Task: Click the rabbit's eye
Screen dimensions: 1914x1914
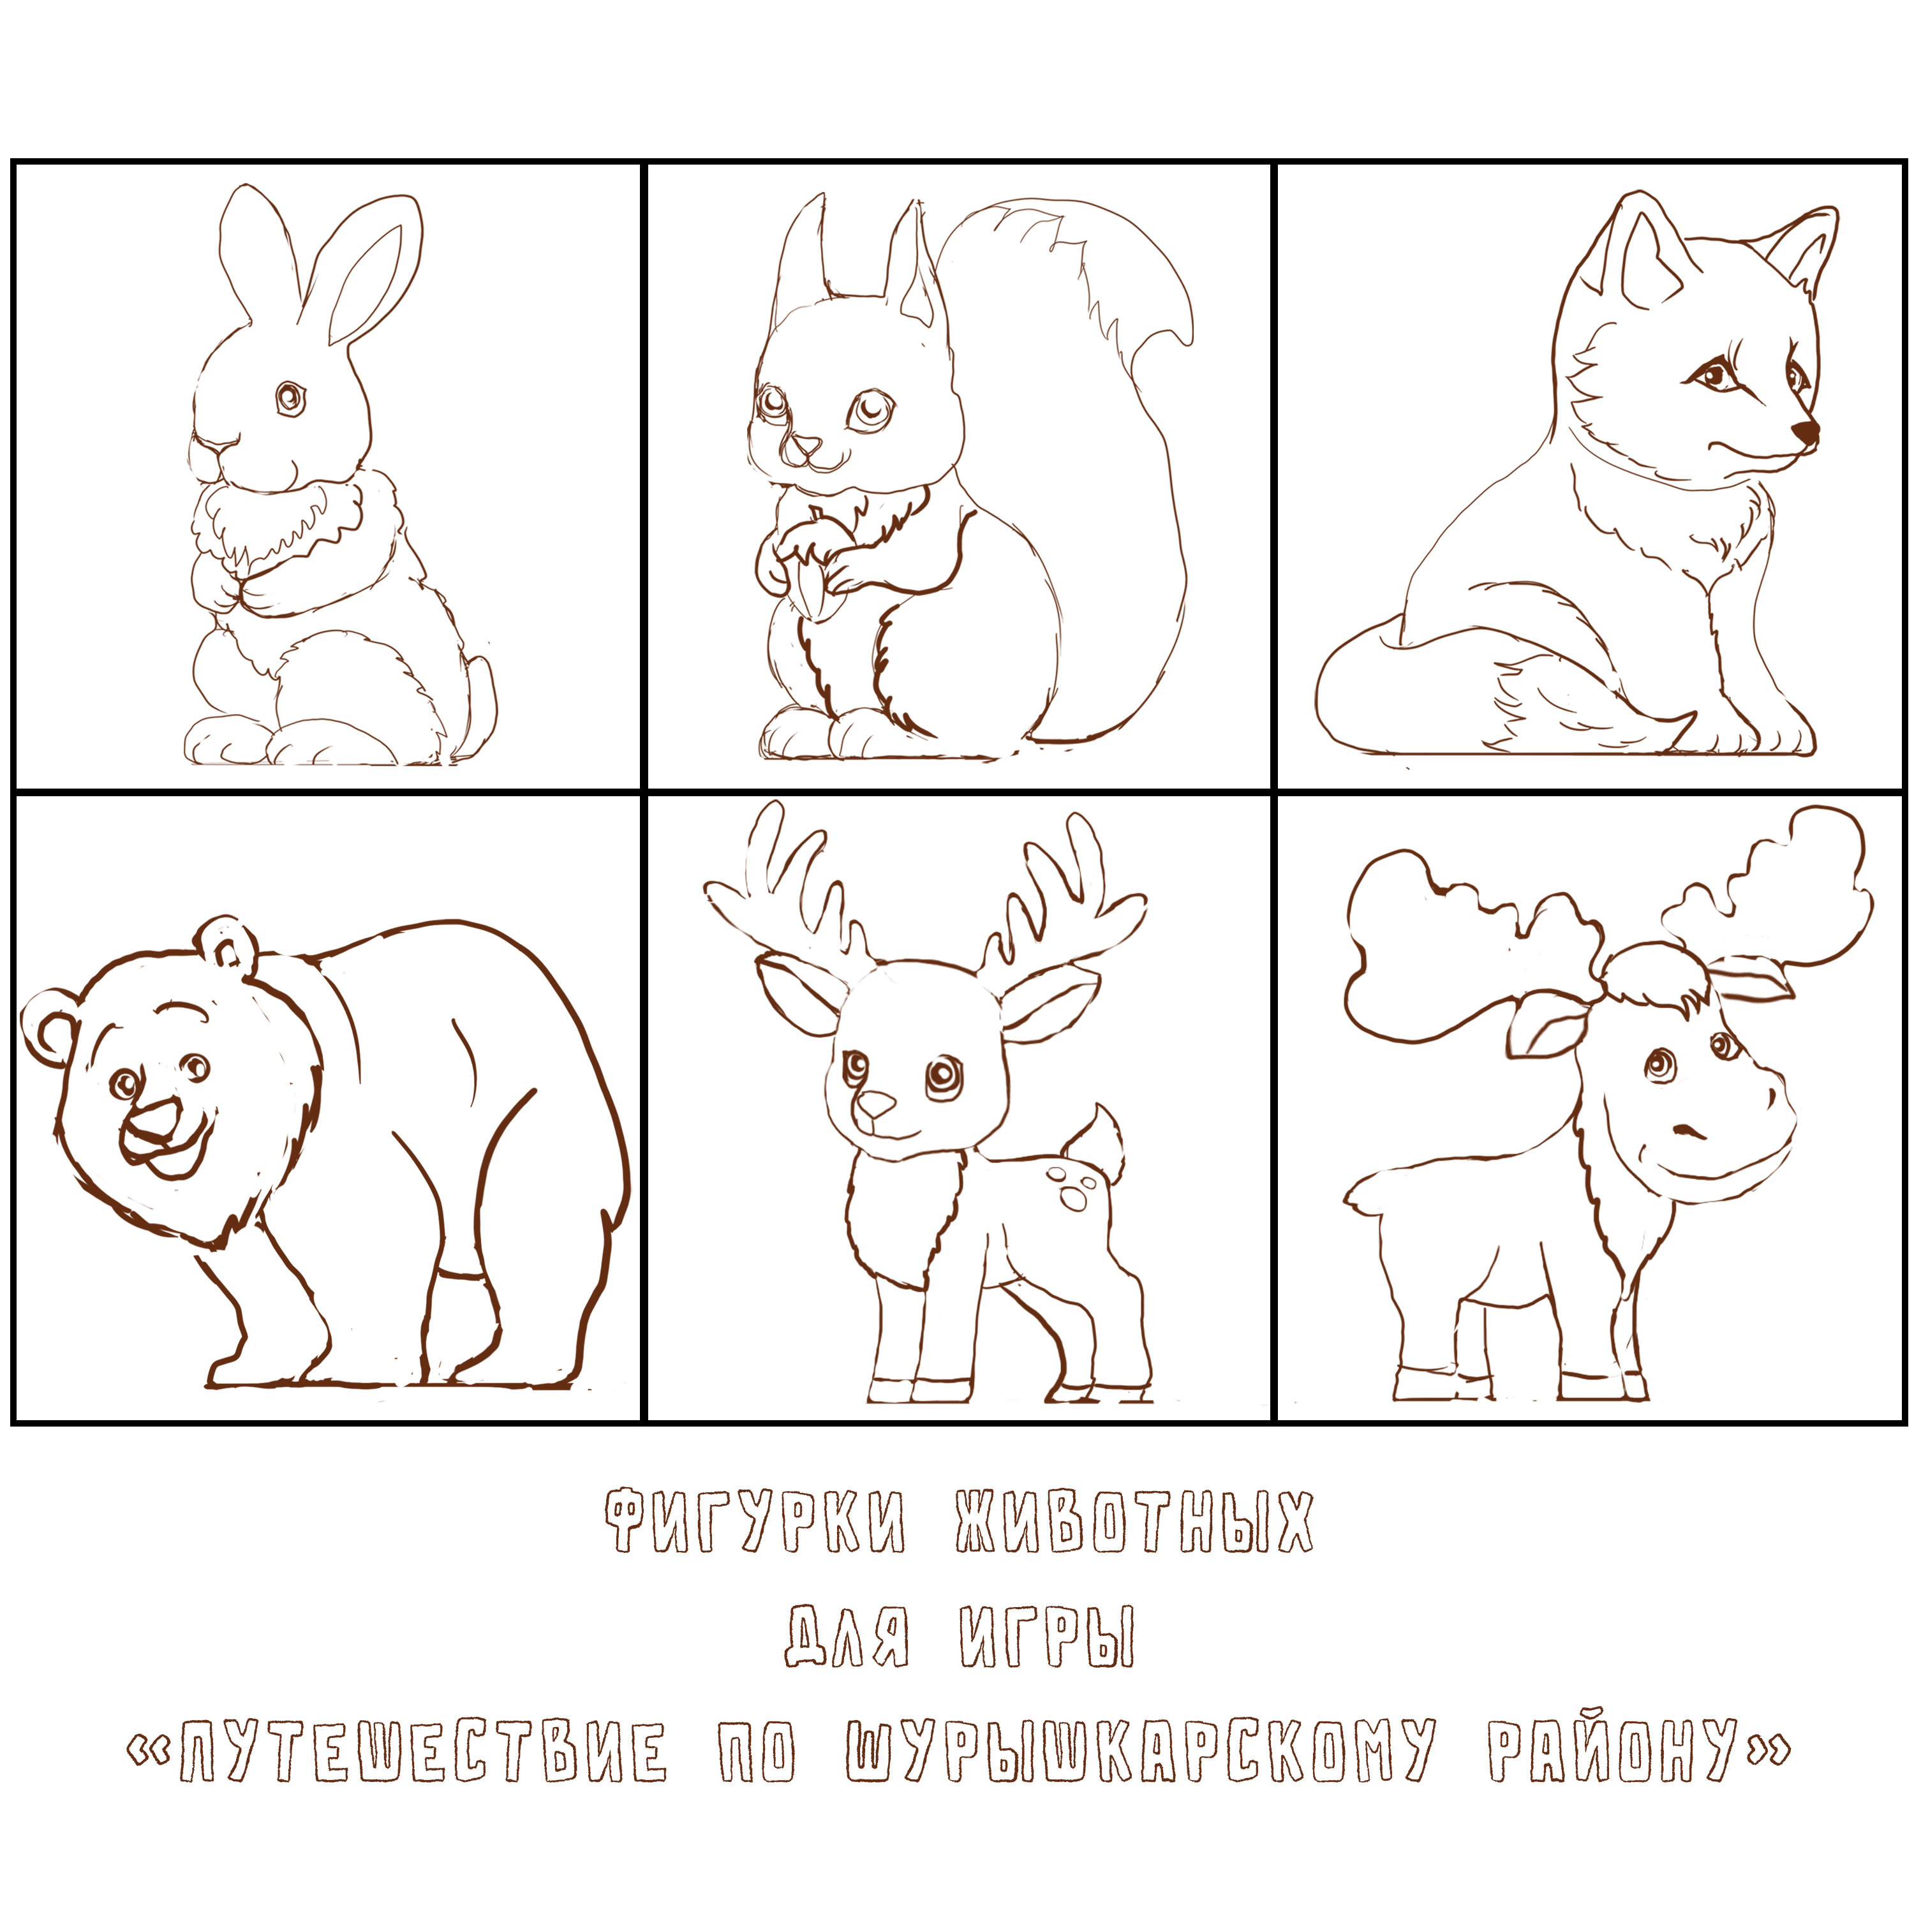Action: click(289, 398)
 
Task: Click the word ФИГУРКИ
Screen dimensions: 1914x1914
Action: click(755, 1521)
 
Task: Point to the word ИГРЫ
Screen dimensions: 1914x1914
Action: click(1047, 1636)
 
